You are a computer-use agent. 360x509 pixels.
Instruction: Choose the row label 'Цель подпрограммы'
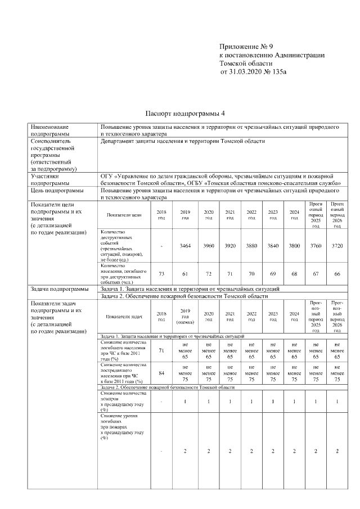tap(57, 191)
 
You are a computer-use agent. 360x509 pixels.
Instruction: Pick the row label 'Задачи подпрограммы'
tap(59, 289)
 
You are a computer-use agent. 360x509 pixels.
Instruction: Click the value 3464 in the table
tap(185, 246)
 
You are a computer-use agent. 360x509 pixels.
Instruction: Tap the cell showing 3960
tap(208, 246)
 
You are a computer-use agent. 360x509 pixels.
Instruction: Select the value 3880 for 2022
tap(251, 246)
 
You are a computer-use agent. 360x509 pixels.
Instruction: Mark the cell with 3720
tap(337, 246)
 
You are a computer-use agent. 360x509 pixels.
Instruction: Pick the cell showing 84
tap(161, 372)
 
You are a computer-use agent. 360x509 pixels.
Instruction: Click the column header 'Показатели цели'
tap(124, 215)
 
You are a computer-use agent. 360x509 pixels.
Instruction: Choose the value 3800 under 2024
tap(294, 246)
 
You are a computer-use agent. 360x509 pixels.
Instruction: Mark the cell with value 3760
tap(316, 246)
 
